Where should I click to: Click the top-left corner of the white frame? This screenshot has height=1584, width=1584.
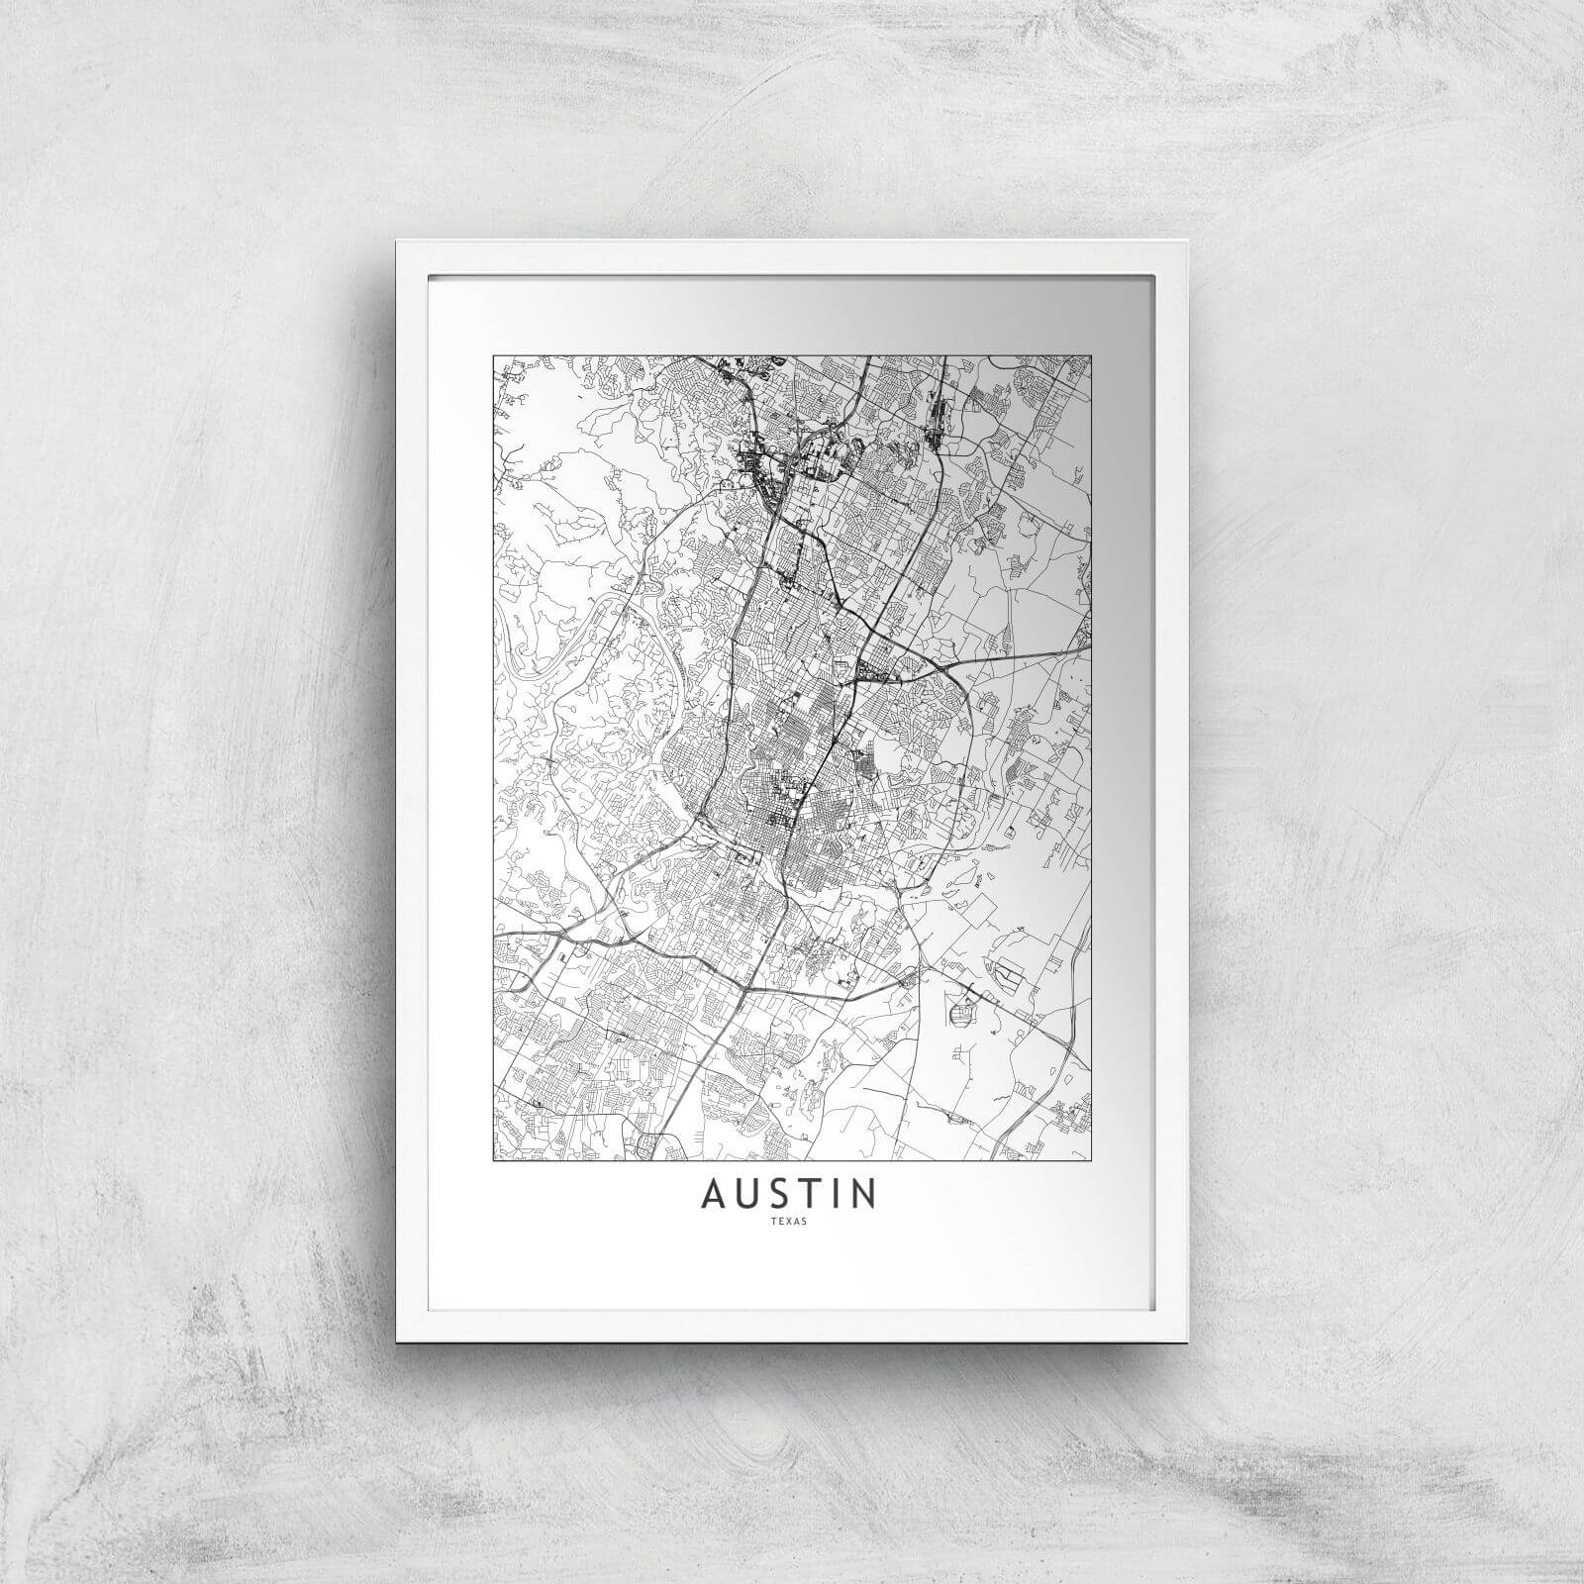click(x=397, y=241)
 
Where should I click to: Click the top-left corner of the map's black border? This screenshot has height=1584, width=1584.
click(x=493, y=355)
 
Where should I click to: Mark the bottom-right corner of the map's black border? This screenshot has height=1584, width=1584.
click(x=1091, y=1159)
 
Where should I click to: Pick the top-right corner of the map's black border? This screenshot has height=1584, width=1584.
click(x=1091, y=355)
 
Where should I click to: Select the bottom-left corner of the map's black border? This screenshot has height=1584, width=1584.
click(x=493, y=1159)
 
